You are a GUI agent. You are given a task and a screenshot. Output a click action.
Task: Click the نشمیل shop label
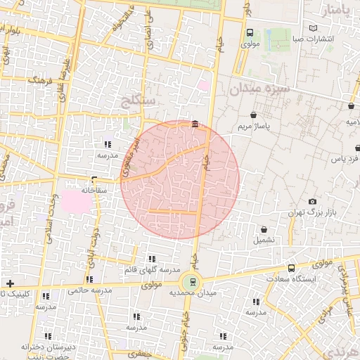click(264, 240)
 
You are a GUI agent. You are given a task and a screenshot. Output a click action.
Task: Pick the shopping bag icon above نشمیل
click(264, 229)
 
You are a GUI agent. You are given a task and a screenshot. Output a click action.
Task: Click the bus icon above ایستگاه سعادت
click(291, 268)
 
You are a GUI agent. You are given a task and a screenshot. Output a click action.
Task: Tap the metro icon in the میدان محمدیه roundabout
click(193, 283)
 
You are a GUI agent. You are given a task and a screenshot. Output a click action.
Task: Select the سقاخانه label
click(94, 190)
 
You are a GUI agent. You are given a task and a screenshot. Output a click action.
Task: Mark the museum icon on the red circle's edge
click(194, 125)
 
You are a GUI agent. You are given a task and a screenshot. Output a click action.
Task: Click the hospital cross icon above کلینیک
click(10, 283)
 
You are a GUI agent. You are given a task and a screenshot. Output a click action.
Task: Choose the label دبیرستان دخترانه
click(47, 347)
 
